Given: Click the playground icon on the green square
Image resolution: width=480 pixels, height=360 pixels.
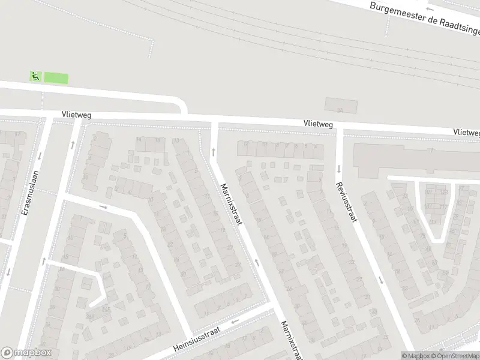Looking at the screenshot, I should click(35, 76).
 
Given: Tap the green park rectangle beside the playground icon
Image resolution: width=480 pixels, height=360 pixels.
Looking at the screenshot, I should click(56, 78).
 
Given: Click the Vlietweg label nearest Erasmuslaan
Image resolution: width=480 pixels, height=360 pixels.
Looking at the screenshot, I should click(76, 114).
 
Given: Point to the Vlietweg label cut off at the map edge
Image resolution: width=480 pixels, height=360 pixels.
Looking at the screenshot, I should click(467, 131).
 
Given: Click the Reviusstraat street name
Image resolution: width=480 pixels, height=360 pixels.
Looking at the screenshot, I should click(347, 202).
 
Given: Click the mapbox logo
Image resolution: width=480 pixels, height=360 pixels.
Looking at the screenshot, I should click(26, 353).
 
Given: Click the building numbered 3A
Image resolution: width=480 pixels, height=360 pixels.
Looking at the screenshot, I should click(340, 110).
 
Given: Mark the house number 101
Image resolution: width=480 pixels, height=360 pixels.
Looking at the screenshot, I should click(428, 192).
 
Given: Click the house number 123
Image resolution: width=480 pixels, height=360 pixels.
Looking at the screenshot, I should click(445, 192).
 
